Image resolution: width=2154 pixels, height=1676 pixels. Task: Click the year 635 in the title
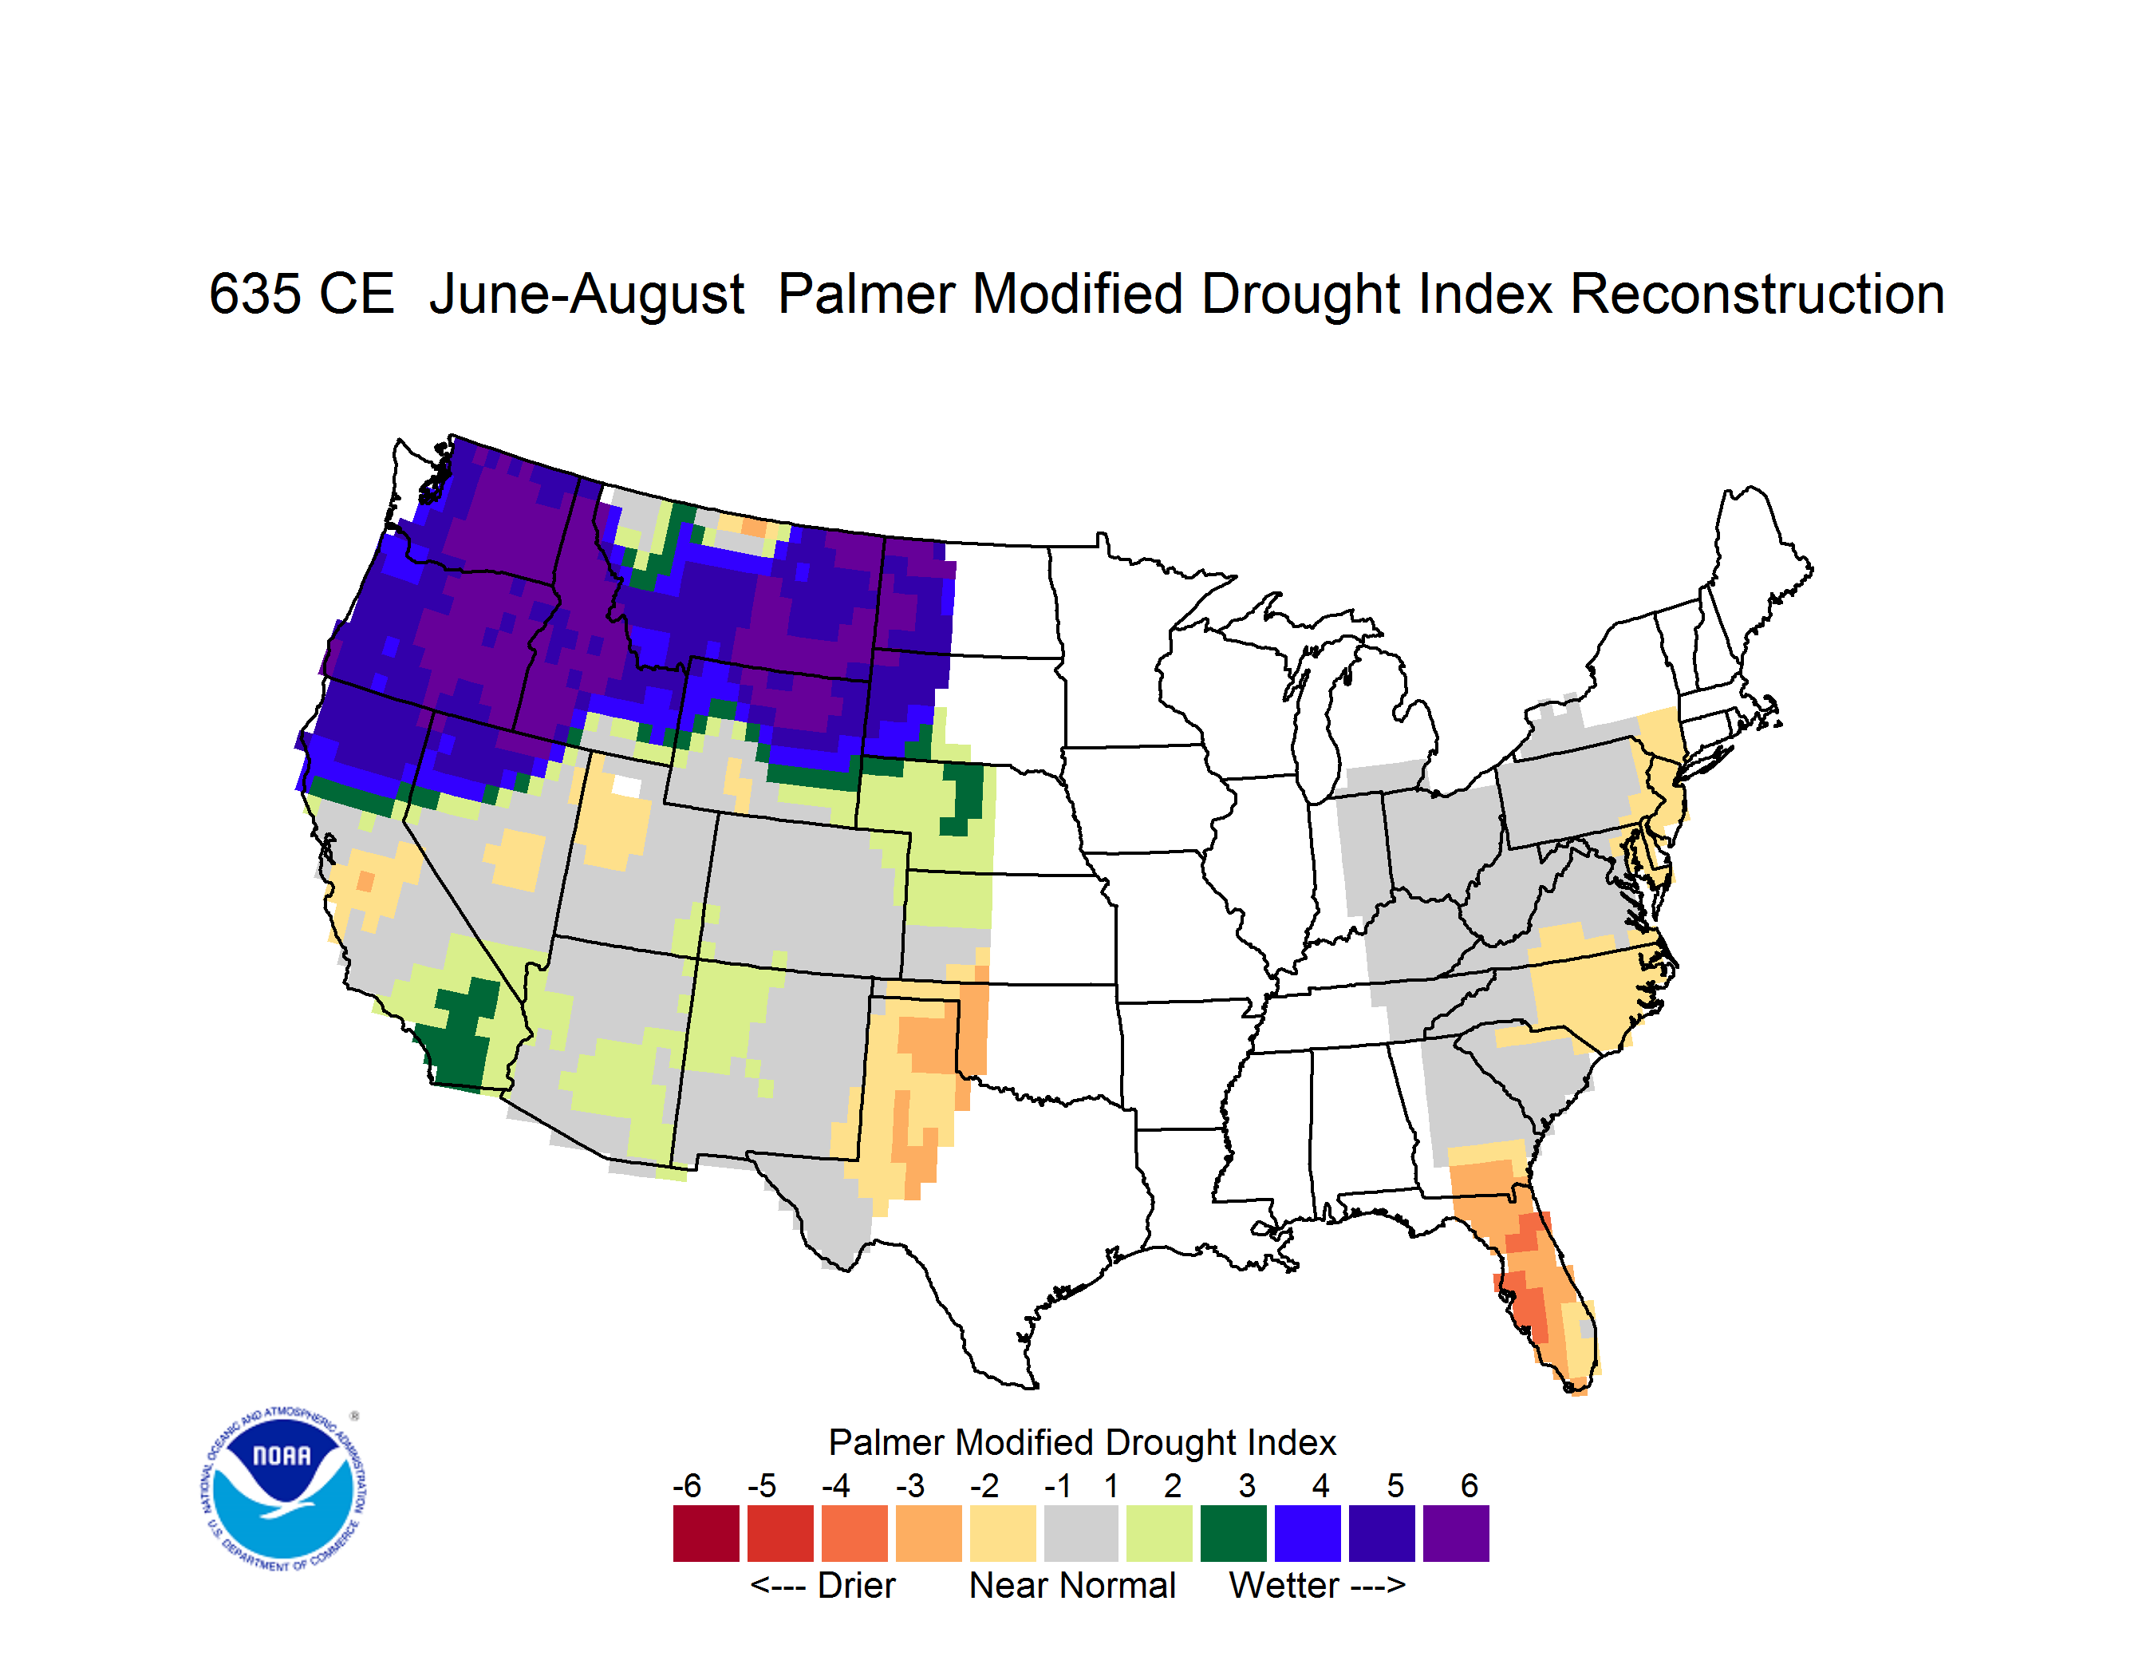click(301, 294)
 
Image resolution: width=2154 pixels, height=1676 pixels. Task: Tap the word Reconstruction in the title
click(1757, 294)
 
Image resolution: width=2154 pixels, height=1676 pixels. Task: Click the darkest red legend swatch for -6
click(706, 1533)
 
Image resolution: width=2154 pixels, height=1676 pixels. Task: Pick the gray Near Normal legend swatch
click(1081, 1533)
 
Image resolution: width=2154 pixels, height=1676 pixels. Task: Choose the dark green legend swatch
click(1233, 1533)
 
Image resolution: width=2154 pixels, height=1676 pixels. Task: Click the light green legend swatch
click(1159, 1533)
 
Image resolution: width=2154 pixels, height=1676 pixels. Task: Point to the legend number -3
click(909, 1485)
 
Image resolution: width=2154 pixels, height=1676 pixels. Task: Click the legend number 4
click(1320, 1485)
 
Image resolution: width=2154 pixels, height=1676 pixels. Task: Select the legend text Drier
click(856, 1585)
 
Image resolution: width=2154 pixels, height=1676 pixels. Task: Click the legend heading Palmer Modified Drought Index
click(1082, 1442)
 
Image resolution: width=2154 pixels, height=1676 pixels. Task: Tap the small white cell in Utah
click(626, 786)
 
